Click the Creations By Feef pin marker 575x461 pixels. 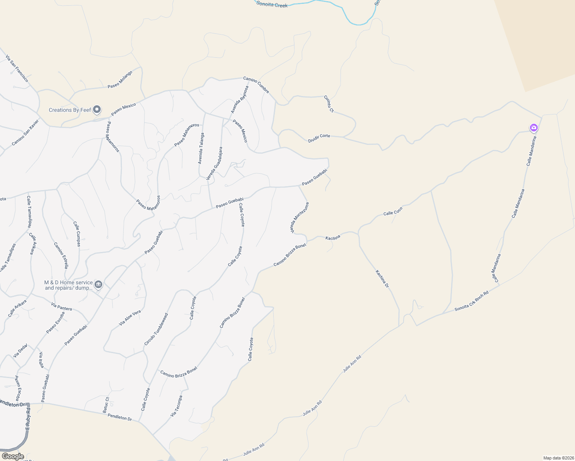tap(97, 110)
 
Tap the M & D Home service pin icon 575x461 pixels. tap(98, 285)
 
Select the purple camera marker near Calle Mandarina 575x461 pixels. tap(533, 128)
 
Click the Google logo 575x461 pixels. tap(13, 456)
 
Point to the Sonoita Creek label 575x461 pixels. tap(272, 5)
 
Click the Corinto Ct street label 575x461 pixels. tap(329, 104)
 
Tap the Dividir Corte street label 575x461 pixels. tap(319, 138)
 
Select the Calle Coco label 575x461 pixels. tap(393, 211)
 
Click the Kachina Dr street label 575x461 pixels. tap(382, 279)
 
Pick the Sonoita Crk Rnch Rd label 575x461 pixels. tap(472, 301)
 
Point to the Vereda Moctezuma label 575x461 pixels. tap(299, 218)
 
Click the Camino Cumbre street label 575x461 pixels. tap(256, 85)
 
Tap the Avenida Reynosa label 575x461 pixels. tap(239, 99)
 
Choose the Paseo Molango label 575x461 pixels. tap(120, 80)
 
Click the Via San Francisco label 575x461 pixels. tap(17, 68)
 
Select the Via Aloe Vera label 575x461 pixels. tap(130, 318)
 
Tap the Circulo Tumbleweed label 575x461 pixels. tap(156, 329)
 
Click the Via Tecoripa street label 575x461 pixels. tap(176, 406)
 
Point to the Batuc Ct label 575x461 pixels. tap(106, 405)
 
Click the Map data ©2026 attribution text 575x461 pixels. tap(558, 458)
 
